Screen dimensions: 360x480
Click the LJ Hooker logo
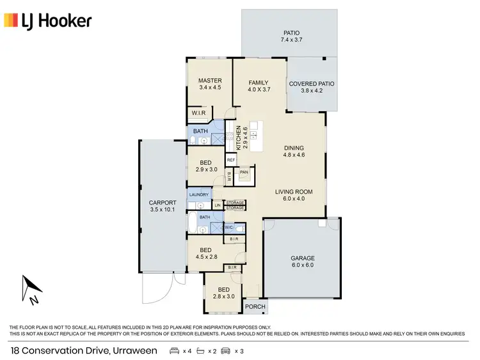[48, 20]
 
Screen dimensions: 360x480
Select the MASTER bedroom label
[210, 81]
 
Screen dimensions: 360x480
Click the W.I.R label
[198, 114]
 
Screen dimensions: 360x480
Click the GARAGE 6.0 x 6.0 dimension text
[303, 265]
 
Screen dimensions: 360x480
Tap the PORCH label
[256, 308]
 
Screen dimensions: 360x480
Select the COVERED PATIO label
[312, 84]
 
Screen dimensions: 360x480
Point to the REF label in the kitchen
[231, 160]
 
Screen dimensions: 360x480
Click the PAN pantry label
[244, 172]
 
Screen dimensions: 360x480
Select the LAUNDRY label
[199, 194]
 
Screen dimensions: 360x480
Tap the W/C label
[228, 228]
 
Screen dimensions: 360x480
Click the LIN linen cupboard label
[218, 205]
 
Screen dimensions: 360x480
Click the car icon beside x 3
[225, 350]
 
